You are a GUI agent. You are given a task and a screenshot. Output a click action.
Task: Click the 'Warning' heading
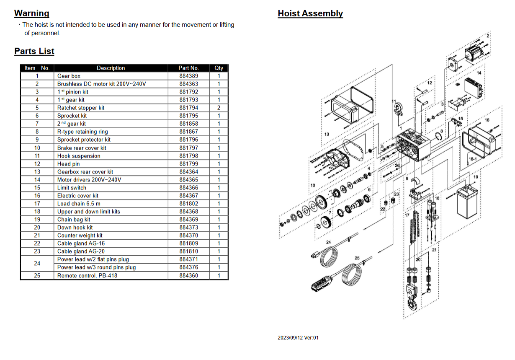coord(32,13)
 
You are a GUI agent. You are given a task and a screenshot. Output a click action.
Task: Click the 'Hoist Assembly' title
coord(310,13)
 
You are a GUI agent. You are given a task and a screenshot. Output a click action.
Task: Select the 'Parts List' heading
coord(34,51)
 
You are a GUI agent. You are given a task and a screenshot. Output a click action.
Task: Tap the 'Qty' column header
coord(219,68)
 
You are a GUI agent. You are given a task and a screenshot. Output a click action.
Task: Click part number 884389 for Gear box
coord(188,76)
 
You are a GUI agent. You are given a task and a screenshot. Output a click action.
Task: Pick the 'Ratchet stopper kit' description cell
coord(81,108)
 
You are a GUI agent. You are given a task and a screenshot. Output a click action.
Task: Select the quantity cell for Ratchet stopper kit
coord(219,108)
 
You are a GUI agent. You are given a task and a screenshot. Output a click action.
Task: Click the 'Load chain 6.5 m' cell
coord(79,204)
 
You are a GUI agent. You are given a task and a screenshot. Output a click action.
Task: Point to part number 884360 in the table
coord(188,275)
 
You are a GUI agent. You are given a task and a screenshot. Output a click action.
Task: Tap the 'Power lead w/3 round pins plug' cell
coord(97,267)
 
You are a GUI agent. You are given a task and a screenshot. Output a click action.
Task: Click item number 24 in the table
coord(37,263)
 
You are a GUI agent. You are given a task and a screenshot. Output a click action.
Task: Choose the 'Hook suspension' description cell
coord(79,156)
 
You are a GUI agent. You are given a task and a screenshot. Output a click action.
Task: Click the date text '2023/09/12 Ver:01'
coord(298,338)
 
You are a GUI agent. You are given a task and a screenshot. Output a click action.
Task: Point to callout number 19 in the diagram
coord(476,177)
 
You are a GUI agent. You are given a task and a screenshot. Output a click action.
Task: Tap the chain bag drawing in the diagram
coord(467,202)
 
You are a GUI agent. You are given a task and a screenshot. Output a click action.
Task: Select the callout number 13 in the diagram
coord(327,134)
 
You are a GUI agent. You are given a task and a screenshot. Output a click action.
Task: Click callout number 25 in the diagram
coord(357,258)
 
